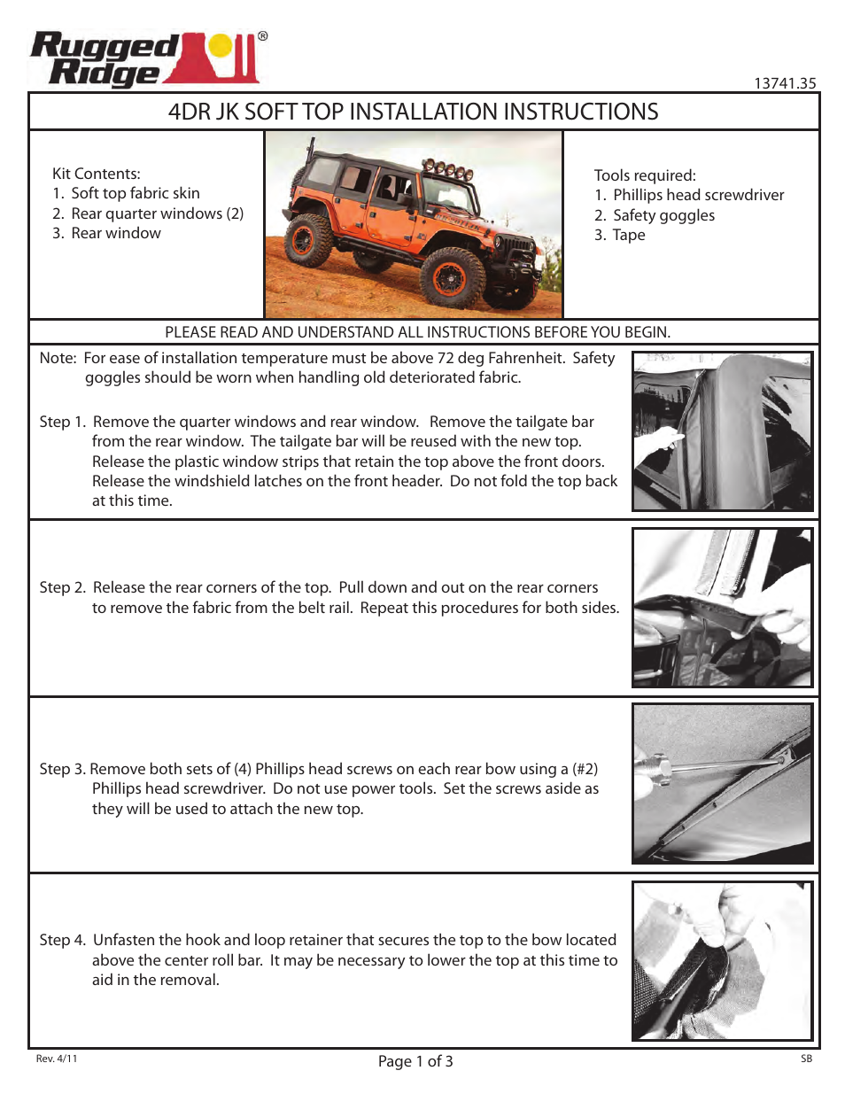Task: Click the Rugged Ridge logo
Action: pyautogui.click(x=146, y=59)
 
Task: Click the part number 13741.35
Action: pyautogui.click(x=784, y=83)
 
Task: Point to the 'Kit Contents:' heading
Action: pyautogui.click(x=96, y=174)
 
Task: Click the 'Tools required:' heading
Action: pyautogui.click(x=644, y=175)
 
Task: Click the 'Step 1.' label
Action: pyautogui.click(x=62, y=422)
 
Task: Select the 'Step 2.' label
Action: pyautogui.click(x=62, y=587)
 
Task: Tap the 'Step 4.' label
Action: pyautogui.click(x=62, y=940)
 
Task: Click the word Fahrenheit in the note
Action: pyautogui.click(x=525, y=358)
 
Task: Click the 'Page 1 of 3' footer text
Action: pyautogui.click(x=415, y=1061)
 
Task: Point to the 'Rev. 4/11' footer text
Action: pyautogui.click(x=57, y=1059)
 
